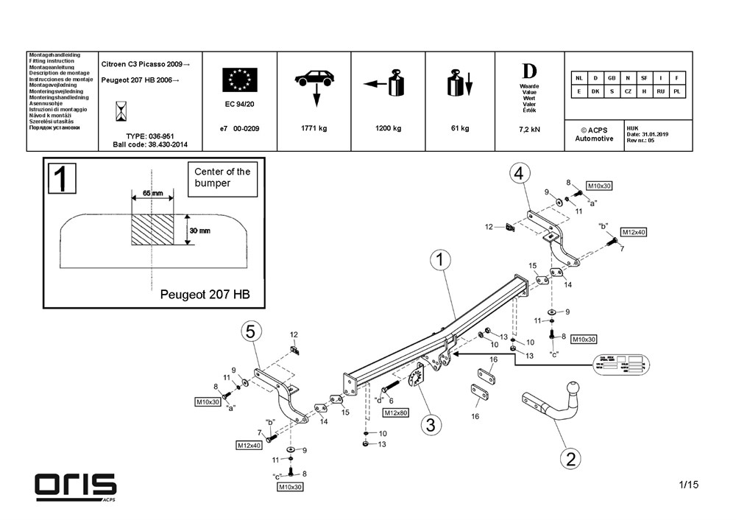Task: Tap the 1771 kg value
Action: tap(314, 128)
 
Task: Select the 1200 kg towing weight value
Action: tap(388, 128)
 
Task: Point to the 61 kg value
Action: tap(459, 128)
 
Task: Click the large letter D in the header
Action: tap(529, 71)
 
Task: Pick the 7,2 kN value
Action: tap(529, 129)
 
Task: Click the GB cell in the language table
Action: tap(610, 77)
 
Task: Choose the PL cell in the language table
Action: tap(676, 91)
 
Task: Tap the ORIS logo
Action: tap(76, 485)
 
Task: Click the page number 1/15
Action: tap(688, 484)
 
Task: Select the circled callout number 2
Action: tap(569, 459)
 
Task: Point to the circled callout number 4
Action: tap(519, 174)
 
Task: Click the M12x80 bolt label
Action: tap(396, 412)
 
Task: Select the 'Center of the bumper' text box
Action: tap(222, 178)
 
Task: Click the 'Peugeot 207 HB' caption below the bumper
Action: tap(205, 294)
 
